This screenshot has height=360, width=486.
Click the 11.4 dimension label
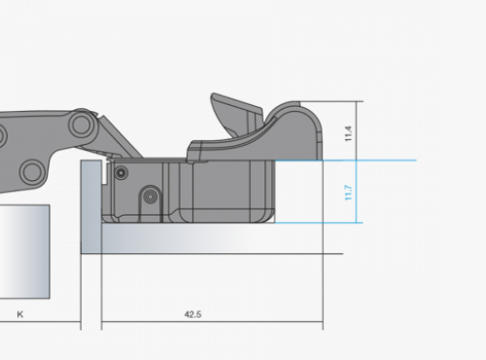tap(348, 133)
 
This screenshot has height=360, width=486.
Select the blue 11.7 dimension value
tap(348, 193)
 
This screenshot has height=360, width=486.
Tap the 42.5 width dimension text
tap(192, 314)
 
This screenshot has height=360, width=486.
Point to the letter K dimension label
tap(20, 314)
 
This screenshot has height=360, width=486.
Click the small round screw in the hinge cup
tap(121, 173)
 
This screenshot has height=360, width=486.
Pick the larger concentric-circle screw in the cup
tap(150, 196)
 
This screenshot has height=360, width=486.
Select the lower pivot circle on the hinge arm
tap(31, 171)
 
